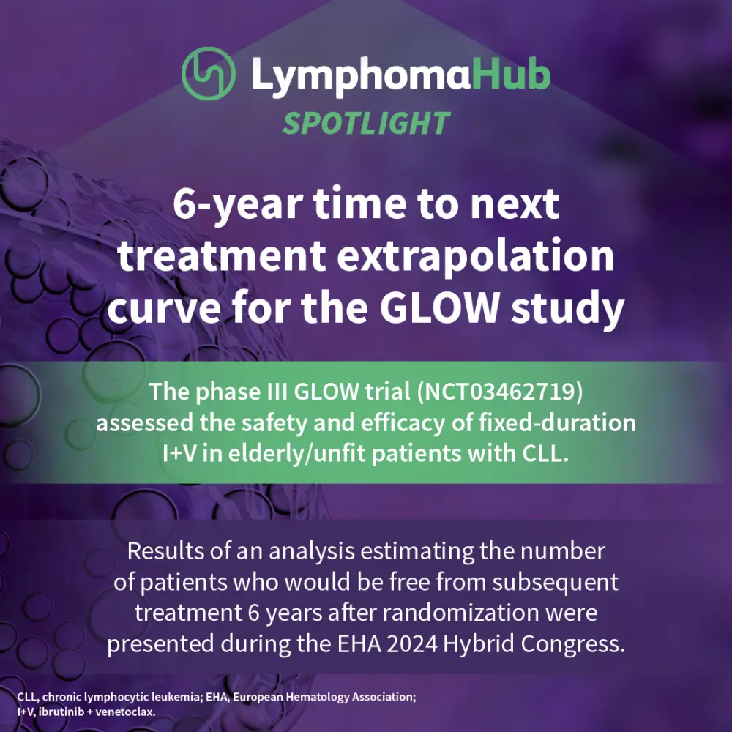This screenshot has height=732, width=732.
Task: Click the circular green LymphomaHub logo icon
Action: click(x=208, y=73)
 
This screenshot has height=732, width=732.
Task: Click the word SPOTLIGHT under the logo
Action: click(x=366, y=124)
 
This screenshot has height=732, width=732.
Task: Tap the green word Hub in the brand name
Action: click(x=511, y=73)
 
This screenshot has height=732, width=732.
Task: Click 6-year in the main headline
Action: click(x=238, y=206)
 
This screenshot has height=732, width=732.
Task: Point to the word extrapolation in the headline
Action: click(x=475, y=256)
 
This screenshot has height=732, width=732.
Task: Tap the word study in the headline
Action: click(x=568, y=309)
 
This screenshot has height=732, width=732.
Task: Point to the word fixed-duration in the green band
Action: click(x=557, y=423)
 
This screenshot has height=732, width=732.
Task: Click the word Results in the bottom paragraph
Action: click(x=165, y=551)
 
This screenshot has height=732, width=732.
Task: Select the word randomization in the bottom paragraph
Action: click(x=460, y=613)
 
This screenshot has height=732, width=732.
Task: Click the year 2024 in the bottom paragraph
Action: click(x=412, y=644)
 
